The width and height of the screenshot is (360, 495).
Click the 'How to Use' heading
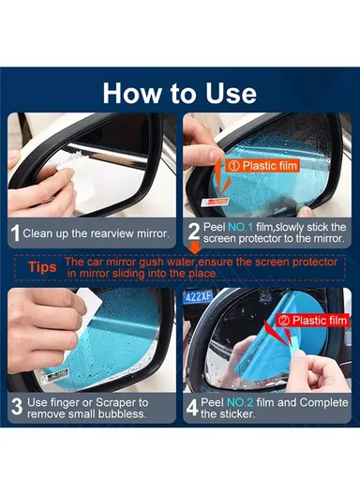179,93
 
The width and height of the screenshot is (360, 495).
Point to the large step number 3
15,409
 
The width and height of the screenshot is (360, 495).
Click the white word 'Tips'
38,267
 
